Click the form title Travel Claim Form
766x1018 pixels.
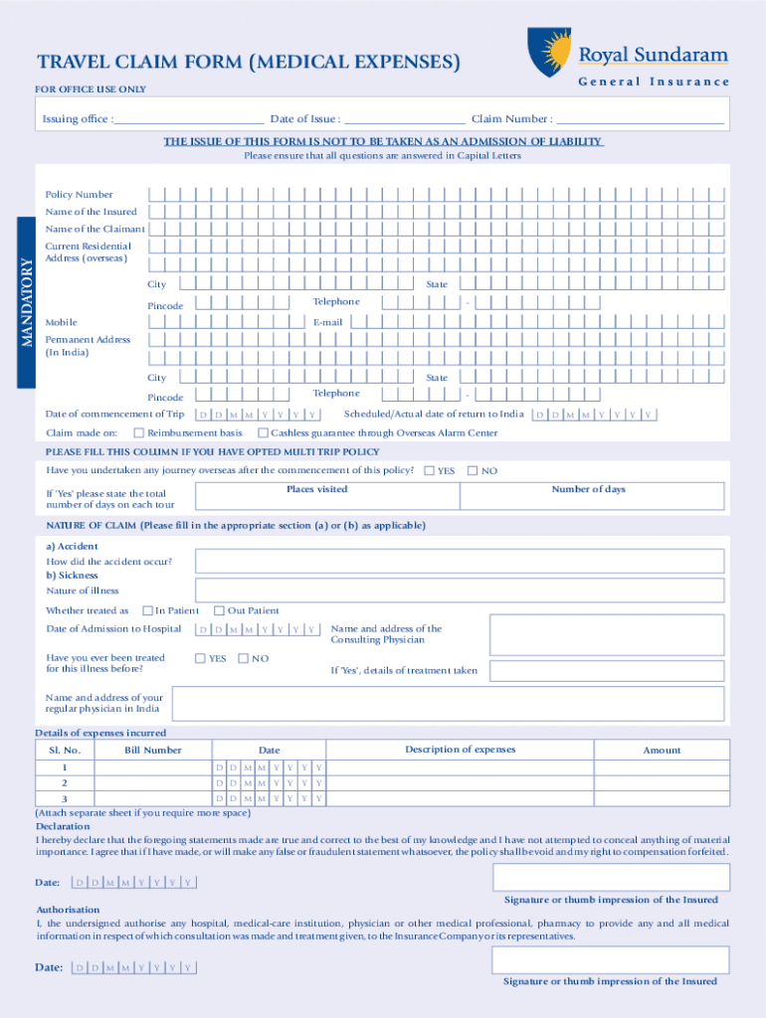249,63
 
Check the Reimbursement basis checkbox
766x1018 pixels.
139,432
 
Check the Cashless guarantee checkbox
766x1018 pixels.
263,432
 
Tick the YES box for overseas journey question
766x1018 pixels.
429,470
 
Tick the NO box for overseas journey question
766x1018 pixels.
473,470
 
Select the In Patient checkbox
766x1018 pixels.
147,610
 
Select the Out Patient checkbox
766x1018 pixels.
220,610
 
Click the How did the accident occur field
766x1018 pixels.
459,562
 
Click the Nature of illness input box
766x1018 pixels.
459,591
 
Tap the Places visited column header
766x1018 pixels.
317,489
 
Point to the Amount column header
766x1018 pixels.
662,751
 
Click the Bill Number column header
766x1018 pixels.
152,751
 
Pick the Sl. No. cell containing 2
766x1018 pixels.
65,783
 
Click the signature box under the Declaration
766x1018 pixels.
611,877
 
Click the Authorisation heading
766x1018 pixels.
68,910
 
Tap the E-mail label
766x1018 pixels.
327,322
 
